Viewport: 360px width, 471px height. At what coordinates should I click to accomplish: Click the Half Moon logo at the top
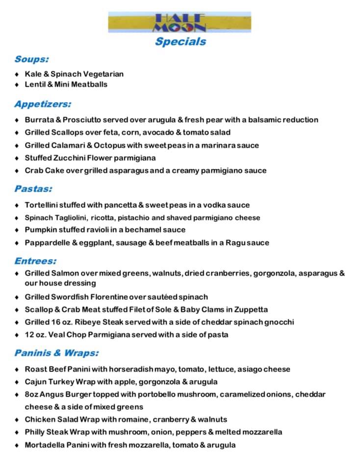(180, 22)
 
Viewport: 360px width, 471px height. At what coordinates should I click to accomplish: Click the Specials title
(180, 42)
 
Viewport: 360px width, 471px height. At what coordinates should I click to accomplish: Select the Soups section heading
(31, 59)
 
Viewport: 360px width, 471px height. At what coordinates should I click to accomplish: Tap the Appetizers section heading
(43, 104)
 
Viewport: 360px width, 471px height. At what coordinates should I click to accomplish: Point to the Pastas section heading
(33, 188)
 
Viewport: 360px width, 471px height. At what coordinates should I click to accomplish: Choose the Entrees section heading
(35, 261)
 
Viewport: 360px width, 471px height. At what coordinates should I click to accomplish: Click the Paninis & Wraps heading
(56, 353)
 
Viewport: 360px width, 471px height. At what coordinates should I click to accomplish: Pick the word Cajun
(36, 382)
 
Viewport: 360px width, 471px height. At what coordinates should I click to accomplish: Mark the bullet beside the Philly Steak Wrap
(17, 433)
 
